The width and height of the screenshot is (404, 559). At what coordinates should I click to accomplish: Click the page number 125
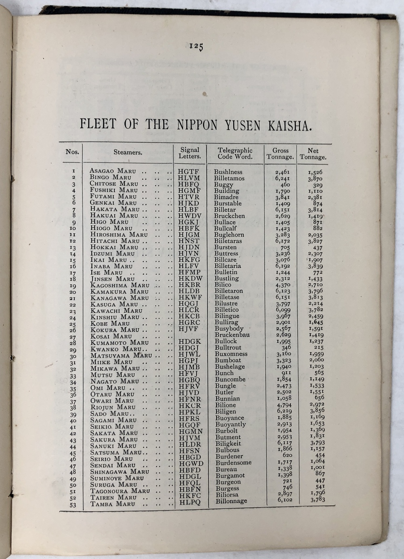[x=196, y=47]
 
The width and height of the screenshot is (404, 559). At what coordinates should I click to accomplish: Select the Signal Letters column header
[x=190, y=153]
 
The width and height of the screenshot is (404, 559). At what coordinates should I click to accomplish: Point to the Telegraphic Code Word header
[x=235, y=153]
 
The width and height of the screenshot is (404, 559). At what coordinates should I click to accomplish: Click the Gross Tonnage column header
[x=280, y=154]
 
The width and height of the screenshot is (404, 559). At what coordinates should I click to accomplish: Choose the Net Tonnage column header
[x=313, y=154]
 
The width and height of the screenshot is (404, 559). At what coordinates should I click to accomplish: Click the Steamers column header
[x=128, y=152]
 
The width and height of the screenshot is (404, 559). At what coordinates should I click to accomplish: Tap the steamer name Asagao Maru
[x=113, y=171]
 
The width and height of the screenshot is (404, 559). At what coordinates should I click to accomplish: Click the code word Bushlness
[x=228, y=172]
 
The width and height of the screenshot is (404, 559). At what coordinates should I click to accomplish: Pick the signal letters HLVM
[x=189, y=178]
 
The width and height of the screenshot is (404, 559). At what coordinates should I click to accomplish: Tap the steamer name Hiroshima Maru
[x=119, y=235]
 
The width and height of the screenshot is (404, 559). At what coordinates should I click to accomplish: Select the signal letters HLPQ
[x=190, y=502]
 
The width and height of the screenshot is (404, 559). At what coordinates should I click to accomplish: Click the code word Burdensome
[x=233, y=463]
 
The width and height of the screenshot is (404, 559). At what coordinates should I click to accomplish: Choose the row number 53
[x=73, y=505]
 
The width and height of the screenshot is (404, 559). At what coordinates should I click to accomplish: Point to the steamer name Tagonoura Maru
[x=120, y=491]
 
